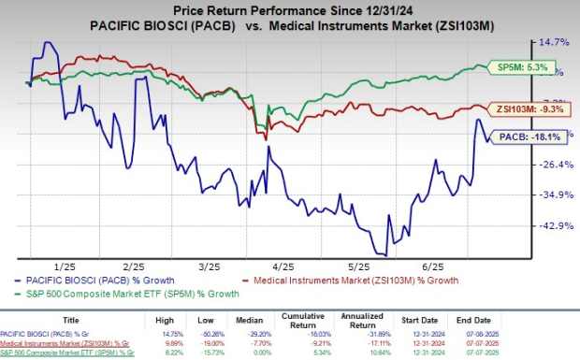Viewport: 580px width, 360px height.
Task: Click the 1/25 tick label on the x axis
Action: coord(65,266)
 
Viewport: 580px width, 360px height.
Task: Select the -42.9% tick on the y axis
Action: coord(554,225)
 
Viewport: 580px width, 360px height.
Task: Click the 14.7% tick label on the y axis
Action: coord(554,42)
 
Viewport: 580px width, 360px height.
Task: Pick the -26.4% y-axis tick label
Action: coord(554,165)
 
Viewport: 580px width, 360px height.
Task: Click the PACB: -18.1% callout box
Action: coord(529,137)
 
